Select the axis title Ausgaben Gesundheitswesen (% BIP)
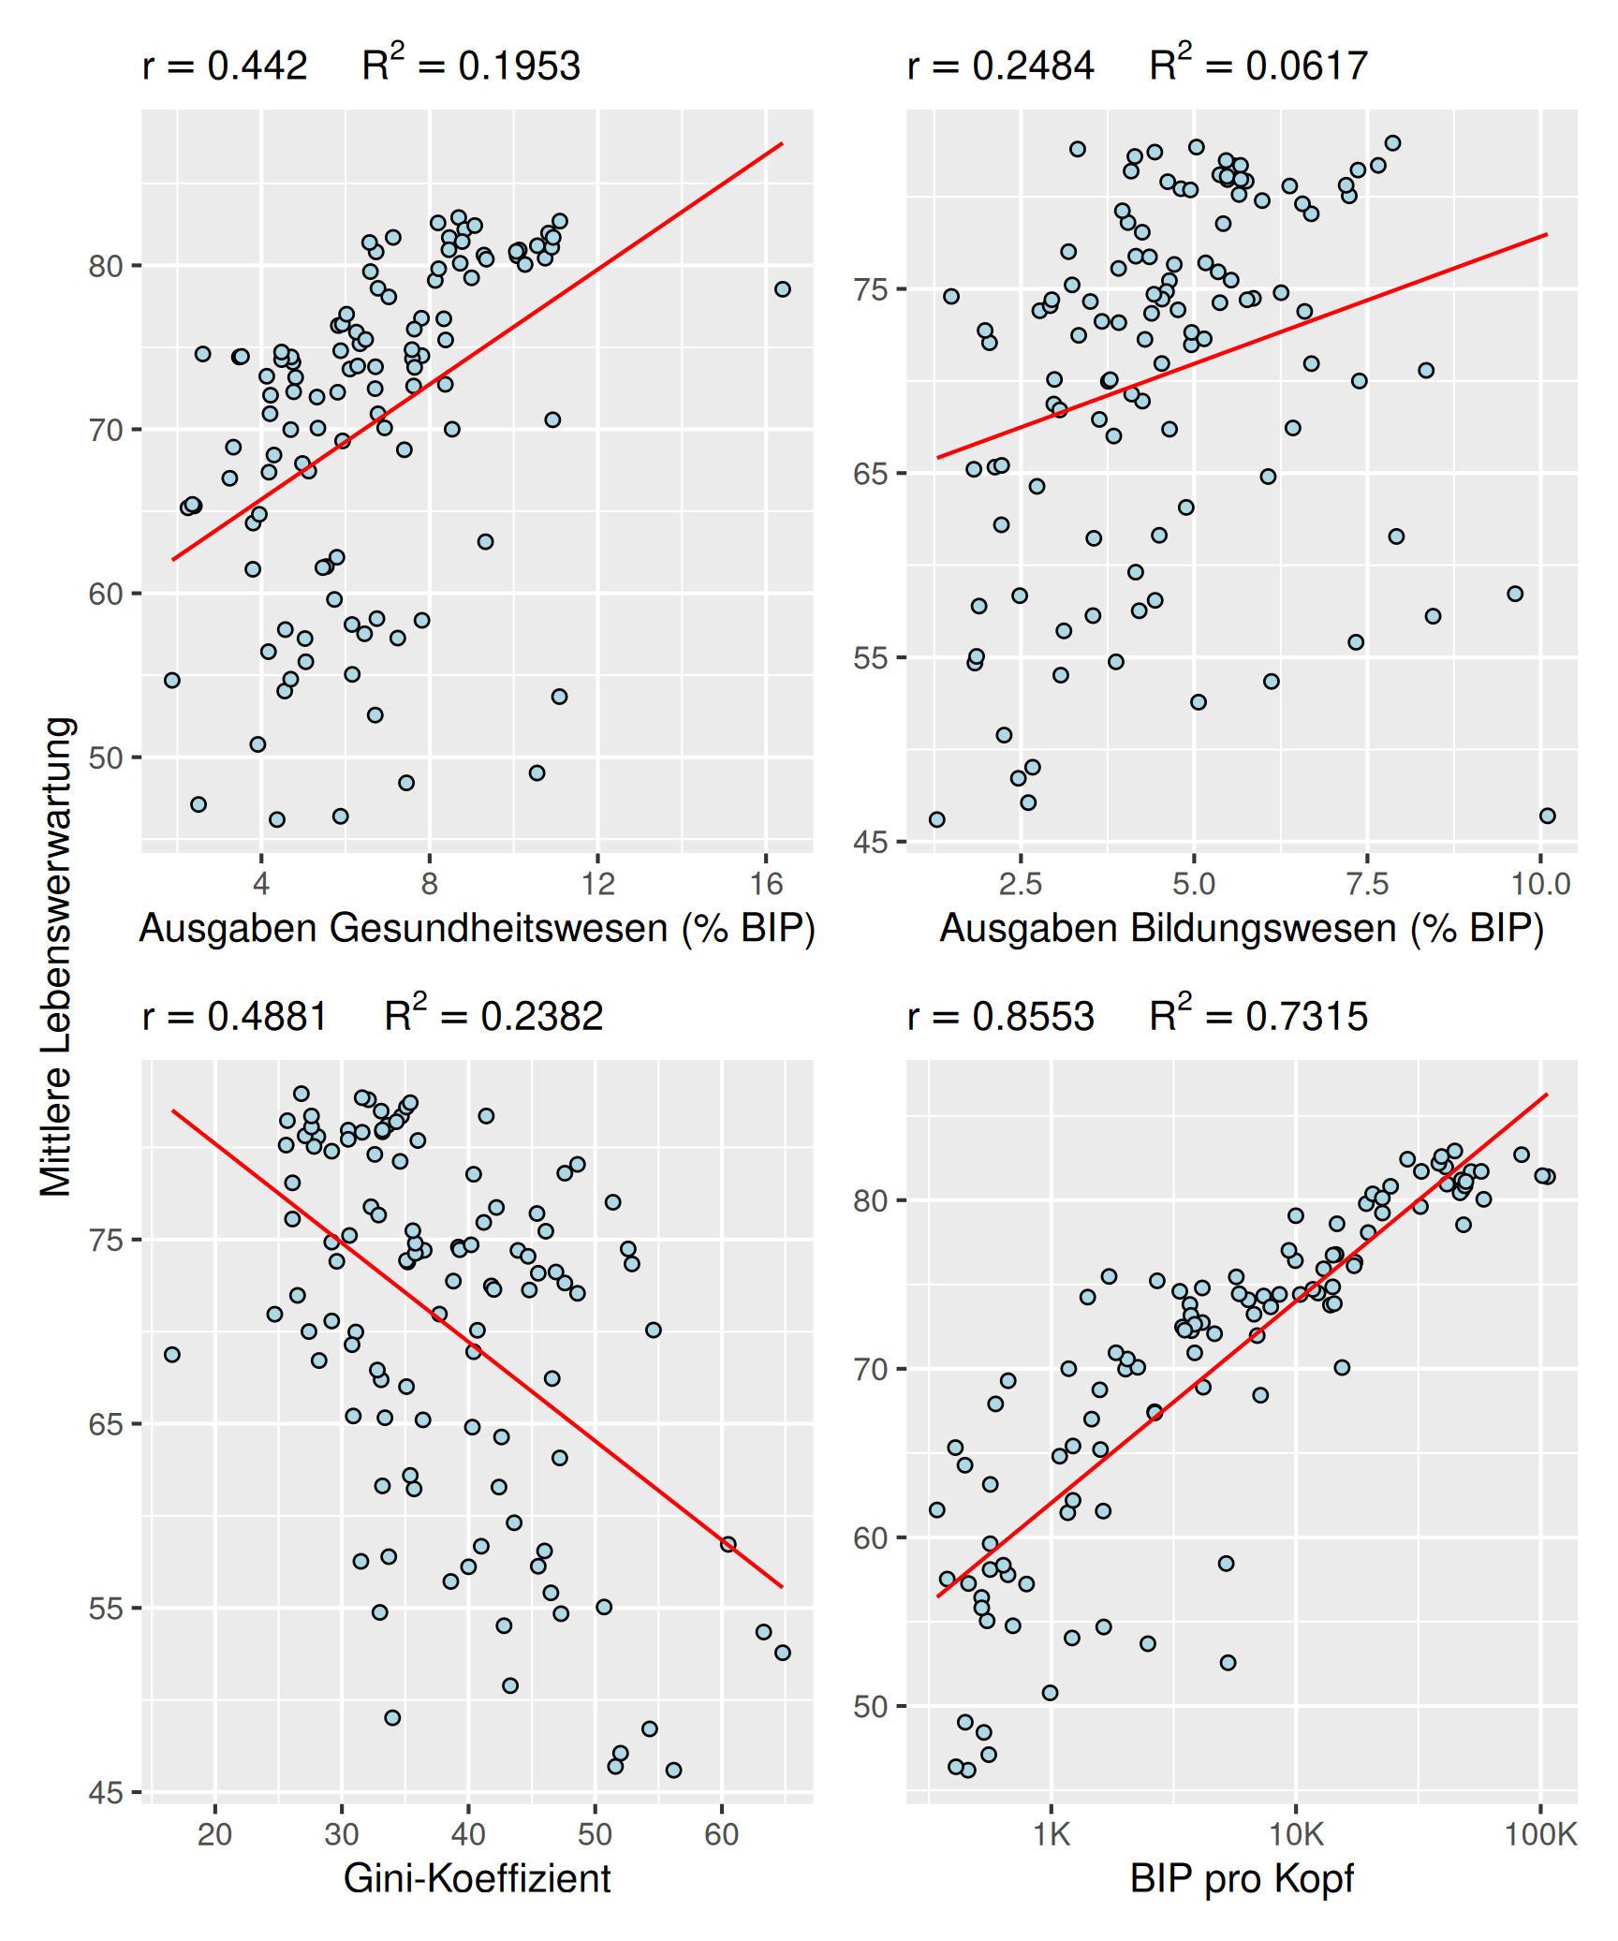pos(477,929)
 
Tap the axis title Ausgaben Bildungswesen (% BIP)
pos(1242,929)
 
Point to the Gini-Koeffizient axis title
pos(477,1878)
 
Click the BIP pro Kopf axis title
pos(1242,1878)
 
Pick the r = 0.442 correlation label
pos(225,66)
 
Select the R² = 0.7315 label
pos(1258,1015)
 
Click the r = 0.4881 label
pos(234,1015)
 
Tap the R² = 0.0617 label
pos(1258,66)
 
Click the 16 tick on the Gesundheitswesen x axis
pos(766,883)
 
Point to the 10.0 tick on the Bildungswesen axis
pos(1540,883)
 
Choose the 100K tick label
pos(1540,1833)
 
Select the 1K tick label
pos(1051,1833)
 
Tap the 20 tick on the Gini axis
pos(214,1833)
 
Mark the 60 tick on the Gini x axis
pos(721,1833)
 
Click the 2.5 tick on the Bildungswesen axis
pos(1020,883)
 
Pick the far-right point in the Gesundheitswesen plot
pos(783,289)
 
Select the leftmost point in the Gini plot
pos(172,1355)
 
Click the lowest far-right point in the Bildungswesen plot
pos(1547,816)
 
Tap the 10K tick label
pos(1296,1833)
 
